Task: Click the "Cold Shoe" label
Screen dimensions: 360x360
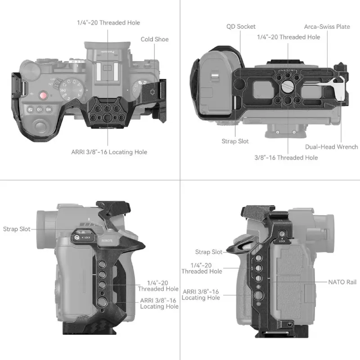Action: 154,39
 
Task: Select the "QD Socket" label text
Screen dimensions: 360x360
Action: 241,27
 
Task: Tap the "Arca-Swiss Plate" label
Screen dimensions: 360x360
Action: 327,27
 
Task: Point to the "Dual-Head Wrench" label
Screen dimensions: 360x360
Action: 331,147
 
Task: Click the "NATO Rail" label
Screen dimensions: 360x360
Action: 342,282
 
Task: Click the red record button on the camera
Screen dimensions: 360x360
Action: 43,95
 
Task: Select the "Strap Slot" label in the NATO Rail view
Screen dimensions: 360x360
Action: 209,252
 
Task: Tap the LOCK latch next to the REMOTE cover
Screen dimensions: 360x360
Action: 82,236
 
